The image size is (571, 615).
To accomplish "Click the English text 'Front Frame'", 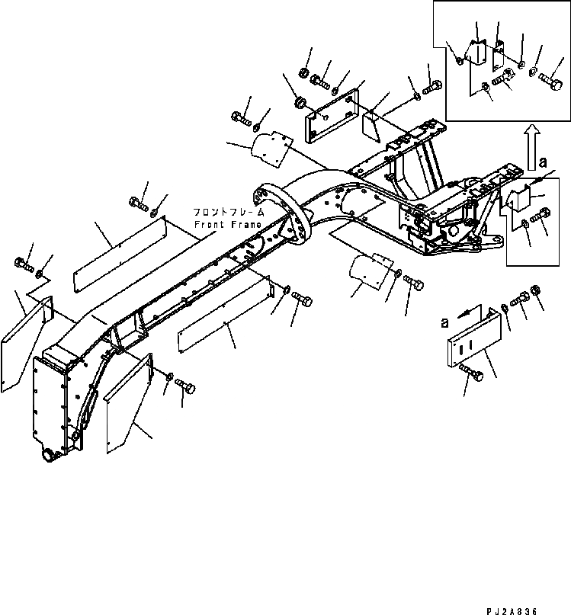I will (228, 225).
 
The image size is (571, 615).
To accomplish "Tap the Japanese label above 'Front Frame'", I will (228, 213).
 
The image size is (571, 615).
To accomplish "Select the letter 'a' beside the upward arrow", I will (543, 162).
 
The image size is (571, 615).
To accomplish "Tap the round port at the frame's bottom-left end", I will (49, 454).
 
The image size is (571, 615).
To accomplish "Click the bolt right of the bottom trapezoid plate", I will (185, 387).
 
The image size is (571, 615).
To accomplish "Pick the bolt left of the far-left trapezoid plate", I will (21, 264).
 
